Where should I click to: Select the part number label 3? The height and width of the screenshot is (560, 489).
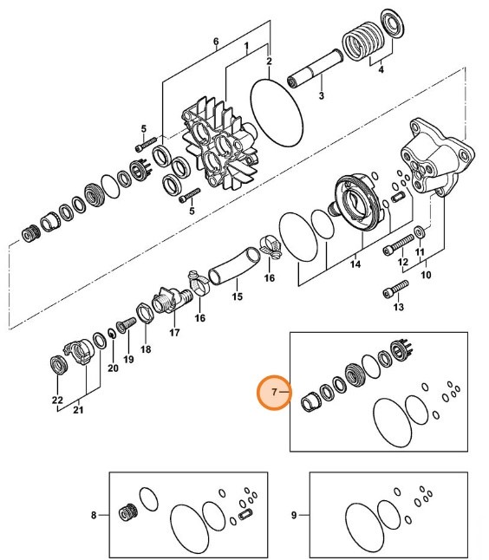point(321,95)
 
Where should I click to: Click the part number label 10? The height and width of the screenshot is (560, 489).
point(425,276)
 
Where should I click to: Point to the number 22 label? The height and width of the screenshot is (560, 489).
point(57,400)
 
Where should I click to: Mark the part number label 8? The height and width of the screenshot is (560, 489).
point(95,516)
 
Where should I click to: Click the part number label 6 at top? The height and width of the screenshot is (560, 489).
point(216,41)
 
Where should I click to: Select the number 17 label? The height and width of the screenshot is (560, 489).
point(174,332)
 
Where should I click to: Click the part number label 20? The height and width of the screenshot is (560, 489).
point(112,368)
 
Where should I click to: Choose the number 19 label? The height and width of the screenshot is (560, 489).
point(128,359)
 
